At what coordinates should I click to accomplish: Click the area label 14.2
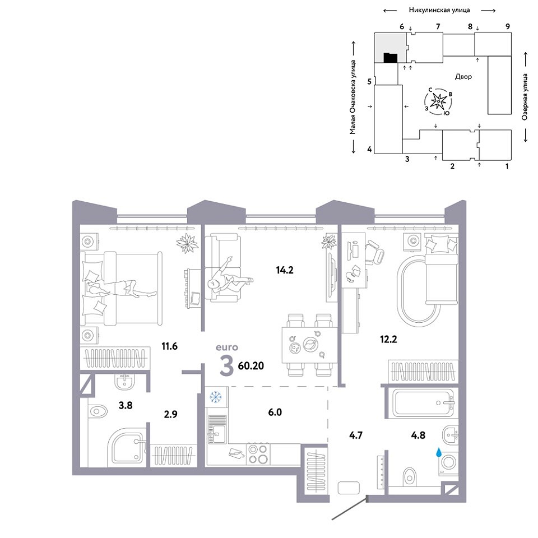(285, 270)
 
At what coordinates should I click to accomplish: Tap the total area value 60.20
(251, 366)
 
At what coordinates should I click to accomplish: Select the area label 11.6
(169, 346)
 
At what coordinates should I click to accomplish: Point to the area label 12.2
(388, 340)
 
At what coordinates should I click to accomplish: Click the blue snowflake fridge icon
(215, 397)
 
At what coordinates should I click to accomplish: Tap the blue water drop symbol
(438, 452)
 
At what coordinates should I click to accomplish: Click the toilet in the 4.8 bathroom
(409, 476)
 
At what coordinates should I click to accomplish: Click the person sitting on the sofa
(229, 279)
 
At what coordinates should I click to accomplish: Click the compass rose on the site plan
(438, 101)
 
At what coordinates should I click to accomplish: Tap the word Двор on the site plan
(463, 77)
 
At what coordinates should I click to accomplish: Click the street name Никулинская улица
(439, 10)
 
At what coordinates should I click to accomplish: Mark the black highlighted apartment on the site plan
(391, 58)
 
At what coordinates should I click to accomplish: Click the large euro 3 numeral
(226, 367)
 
